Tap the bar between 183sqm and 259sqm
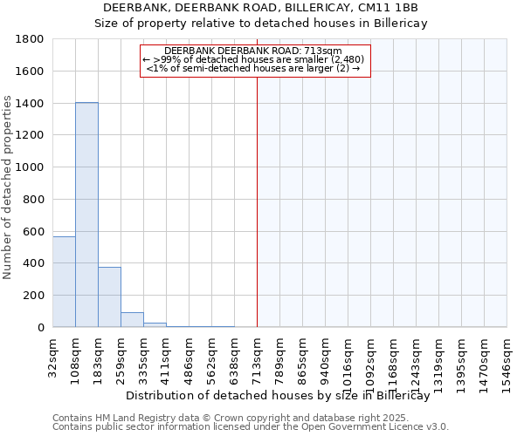pos(109,297)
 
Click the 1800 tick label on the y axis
pos(31,39)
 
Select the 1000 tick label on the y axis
pos(31,167)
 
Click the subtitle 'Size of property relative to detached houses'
pos(261,24)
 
